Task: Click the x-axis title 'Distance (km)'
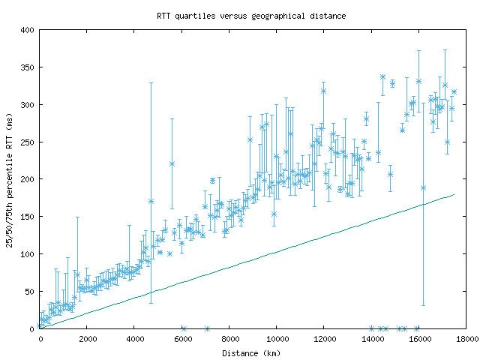[251, 353]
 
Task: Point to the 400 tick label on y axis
[27, 30]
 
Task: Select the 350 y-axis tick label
[27, 67]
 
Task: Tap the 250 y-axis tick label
[27, 142]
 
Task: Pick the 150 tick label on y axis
[27, 217]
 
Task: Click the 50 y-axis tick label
[29, 292]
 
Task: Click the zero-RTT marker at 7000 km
[207, 328]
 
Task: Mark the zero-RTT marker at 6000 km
[183, 328]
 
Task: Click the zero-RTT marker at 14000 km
[372, 328]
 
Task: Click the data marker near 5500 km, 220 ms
[172, 163]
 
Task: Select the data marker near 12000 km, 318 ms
[324, 91]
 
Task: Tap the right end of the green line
[454, 195]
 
